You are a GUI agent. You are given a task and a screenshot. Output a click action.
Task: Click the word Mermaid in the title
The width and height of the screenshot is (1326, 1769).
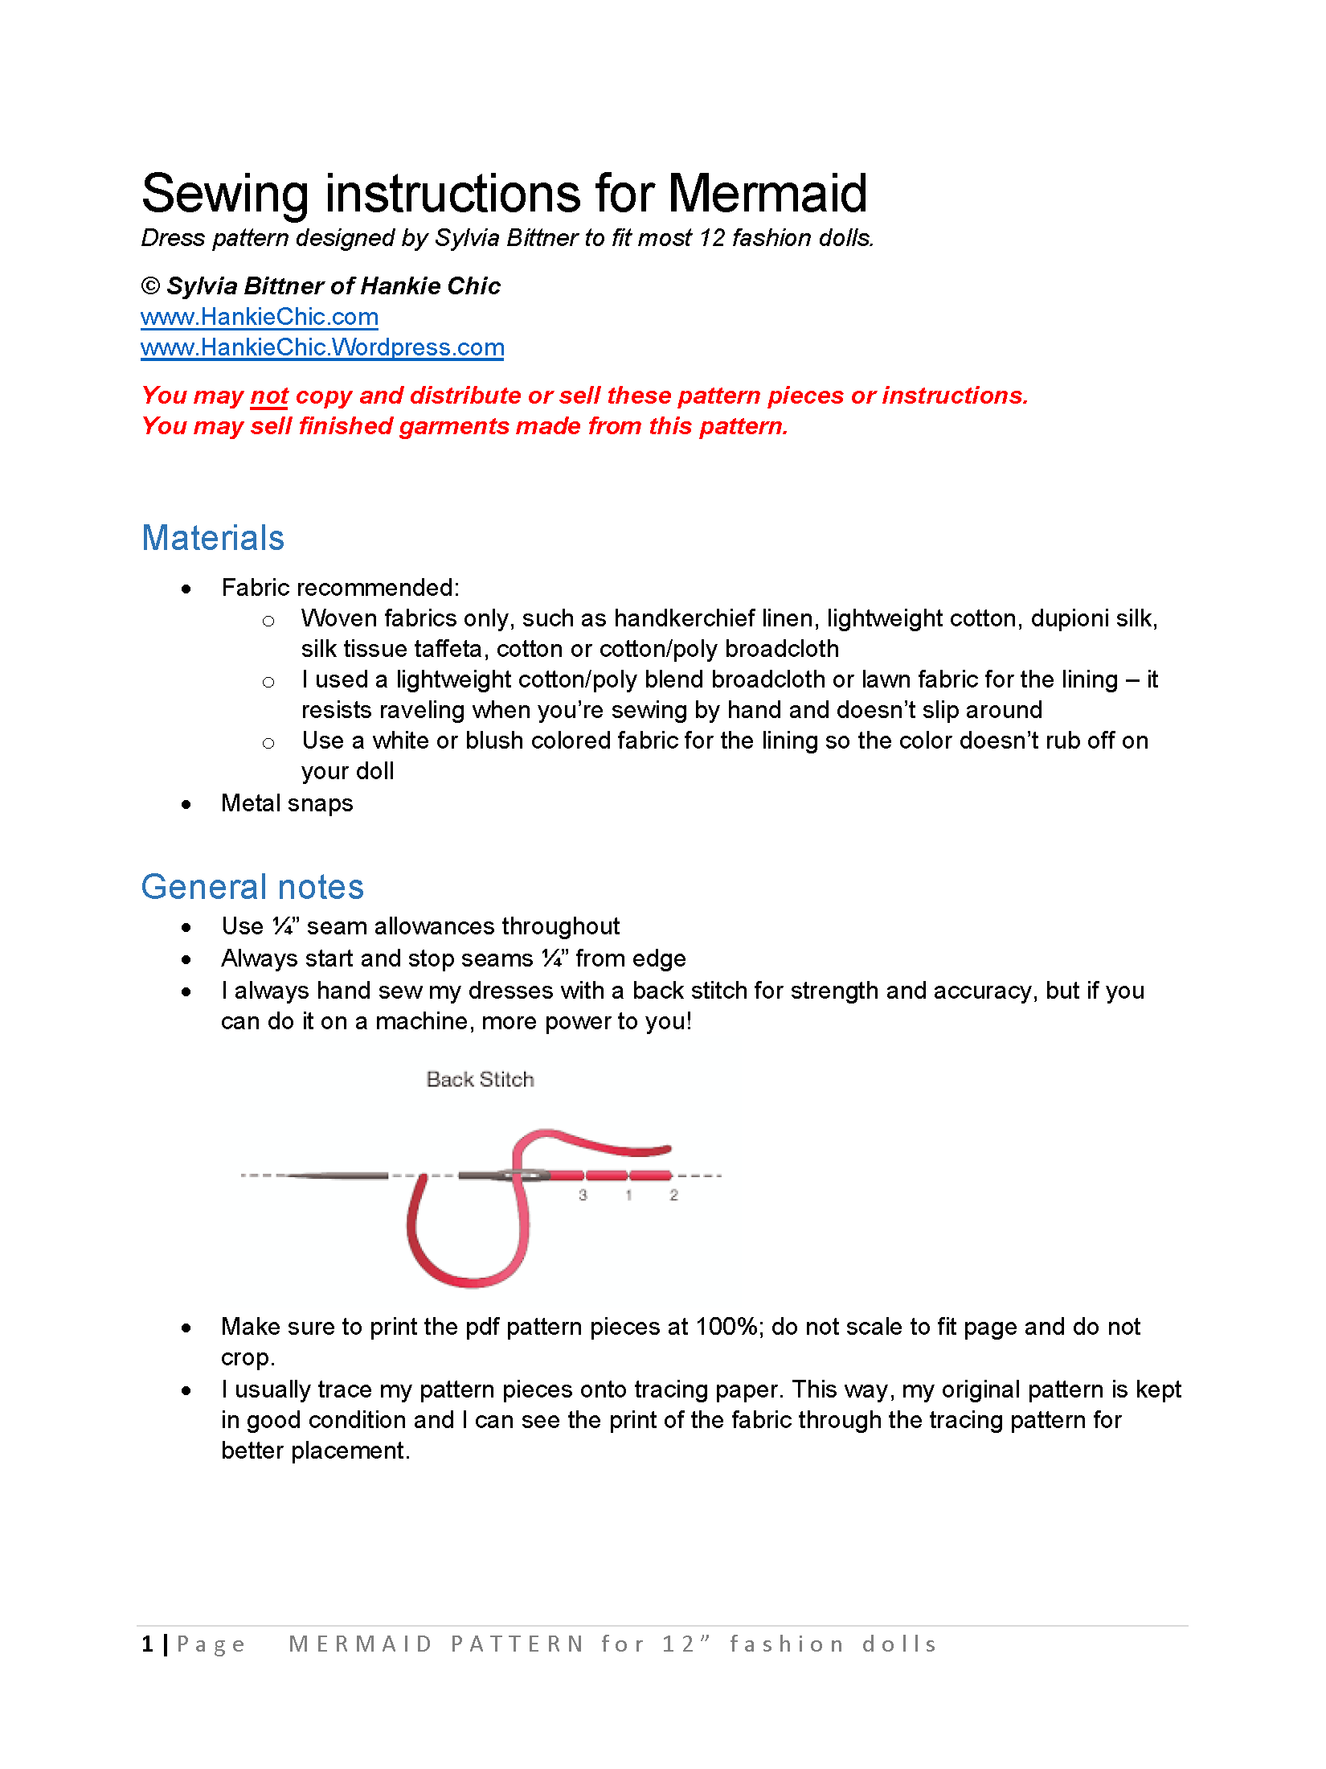point(767,195)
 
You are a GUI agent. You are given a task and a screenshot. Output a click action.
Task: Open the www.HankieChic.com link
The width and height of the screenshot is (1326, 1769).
point(259,317)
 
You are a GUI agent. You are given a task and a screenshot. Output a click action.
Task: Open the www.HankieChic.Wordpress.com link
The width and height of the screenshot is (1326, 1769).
point(322,347)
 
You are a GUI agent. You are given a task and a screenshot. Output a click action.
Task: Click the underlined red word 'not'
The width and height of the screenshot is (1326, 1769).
point(269,396)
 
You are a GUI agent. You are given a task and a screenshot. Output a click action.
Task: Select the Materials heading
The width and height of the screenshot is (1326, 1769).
point(213,538)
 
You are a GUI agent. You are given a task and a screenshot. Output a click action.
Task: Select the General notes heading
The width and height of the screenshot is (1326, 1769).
point(252,887)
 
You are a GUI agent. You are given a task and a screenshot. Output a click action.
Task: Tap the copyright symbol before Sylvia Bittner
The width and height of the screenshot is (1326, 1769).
point(150,286)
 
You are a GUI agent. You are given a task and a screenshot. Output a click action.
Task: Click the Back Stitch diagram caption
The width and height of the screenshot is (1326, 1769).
point(480,1079)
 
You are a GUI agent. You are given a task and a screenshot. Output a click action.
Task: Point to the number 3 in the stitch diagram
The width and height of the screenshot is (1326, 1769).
point(583,1196)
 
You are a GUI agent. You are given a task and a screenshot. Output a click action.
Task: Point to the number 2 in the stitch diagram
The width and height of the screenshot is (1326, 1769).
point(673,1196)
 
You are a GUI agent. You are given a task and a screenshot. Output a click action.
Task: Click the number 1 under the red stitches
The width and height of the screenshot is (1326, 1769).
point(628,1196)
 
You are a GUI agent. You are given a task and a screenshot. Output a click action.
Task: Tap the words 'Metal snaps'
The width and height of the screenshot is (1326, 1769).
point(287,803)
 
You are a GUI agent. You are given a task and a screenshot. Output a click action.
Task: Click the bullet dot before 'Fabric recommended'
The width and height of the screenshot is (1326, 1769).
point(186,589)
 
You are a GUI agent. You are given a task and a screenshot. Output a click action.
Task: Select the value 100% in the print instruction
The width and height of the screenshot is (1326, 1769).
point(727,1327)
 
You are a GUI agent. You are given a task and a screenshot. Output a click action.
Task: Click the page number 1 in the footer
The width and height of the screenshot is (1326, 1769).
point(147,1644)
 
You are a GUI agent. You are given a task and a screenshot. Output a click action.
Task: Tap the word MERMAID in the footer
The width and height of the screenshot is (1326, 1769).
point(361,1644)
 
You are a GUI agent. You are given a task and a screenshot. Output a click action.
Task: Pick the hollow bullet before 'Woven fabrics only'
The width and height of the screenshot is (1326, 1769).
point(268,621)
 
